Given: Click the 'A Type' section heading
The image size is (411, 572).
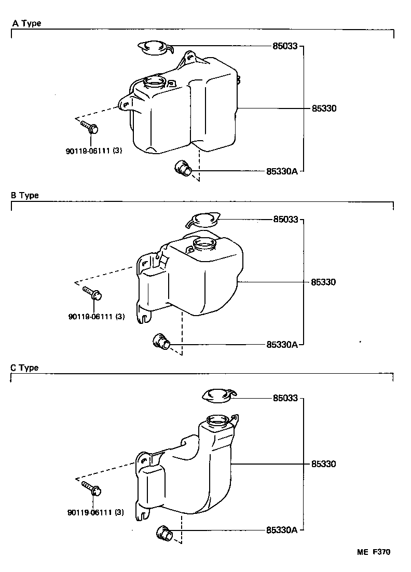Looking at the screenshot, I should point(26,23).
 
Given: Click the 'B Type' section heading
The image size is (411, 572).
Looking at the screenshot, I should point(25,196).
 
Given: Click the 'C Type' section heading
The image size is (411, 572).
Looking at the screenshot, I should point(25,368).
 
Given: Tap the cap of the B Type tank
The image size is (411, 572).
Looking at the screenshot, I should point(203,220).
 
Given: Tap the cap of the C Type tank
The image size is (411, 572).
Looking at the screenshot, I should point(219,396).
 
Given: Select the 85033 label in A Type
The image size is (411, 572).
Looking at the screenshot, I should point(285,46).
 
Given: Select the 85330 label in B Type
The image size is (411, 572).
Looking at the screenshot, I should point(324,282).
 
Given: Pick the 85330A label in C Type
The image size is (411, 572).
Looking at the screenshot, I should point(282,530).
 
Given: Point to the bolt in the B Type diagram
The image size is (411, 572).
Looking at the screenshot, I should point(92,294).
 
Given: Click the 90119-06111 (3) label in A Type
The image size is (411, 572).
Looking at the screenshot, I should point(94,151).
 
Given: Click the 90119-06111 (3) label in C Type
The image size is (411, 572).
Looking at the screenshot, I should point(95,512).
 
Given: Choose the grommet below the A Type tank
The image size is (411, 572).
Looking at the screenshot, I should point(183,168).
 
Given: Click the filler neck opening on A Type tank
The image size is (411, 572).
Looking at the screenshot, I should point(154,82).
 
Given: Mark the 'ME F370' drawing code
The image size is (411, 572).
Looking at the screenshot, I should point(373,552).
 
